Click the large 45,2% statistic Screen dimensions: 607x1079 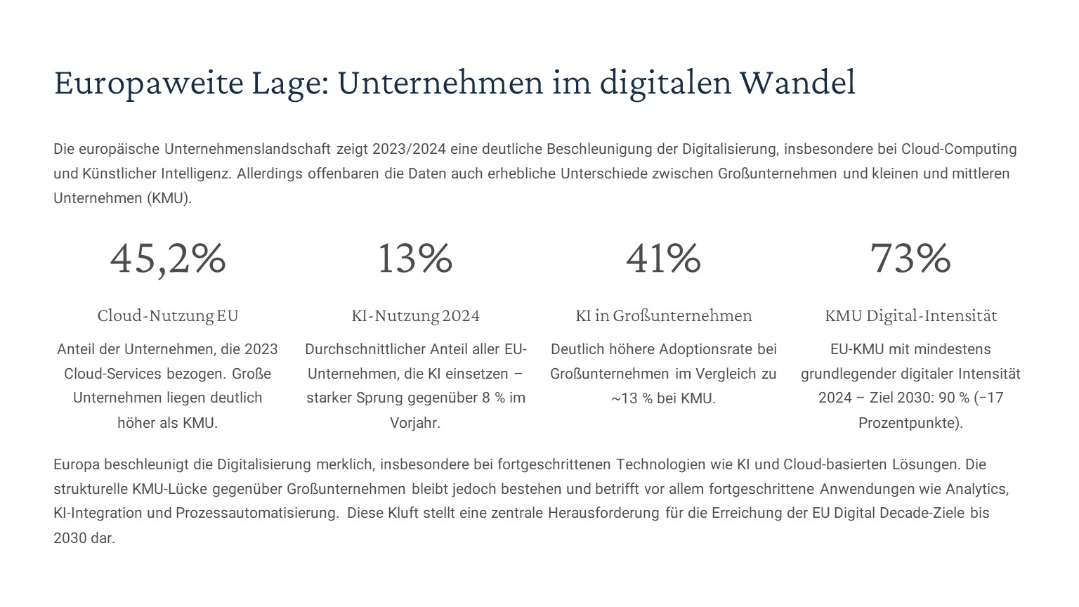[168, 258]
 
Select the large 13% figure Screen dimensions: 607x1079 [415, 258]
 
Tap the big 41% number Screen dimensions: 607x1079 [663, 258]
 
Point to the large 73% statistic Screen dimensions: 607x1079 [910, 258]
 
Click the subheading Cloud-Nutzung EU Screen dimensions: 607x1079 [168, 315]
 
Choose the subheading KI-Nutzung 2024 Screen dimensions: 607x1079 [415, 315]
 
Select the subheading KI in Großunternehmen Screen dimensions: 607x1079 [663, 315]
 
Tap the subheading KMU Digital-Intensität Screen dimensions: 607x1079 [910, 315]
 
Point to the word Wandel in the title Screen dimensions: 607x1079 [797, 83]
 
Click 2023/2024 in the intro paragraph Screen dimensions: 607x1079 [409, 149]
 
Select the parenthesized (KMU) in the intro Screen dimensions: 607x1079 [169, 198]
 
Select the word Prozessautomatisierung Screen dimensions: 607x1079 [257, 513]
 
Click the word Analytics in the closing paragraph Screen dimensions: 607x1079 [976, 489]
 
